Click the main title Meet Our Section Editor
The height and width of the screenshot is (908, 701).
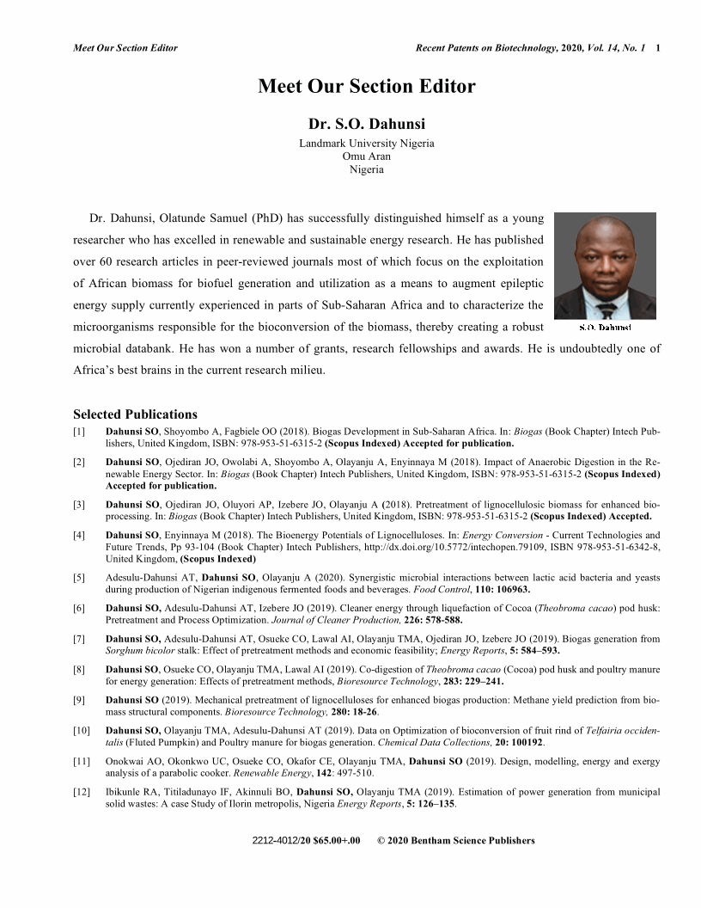pyautogui.click(x=366, y=87)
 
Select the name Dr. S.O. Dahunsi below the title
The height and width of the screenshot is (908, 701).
pyautogui.click(x=366, y=125)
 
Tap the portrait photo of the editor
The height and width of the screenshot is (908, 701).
pyautogui.click(x=605, y=266)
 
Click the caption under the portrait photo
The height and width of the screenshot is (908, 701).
pyautogui.click(x=605, y=328)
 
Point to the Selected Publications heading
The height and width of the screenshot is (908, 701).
pyautogui.click(x=135, y=414)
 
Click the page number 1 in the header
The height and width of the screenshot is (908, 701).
pyautogui.click(x=657, y=48)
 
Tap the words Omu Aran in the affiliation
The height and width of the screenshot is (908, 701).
pyautogui.click(x=366, y=156)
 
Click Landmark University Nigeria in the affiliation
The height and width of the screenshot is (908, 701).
pyautogui.click(x=366, y=144)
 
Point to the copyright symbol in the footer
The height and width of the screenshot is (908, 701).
pyautogui.click(x=381, y=840)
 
